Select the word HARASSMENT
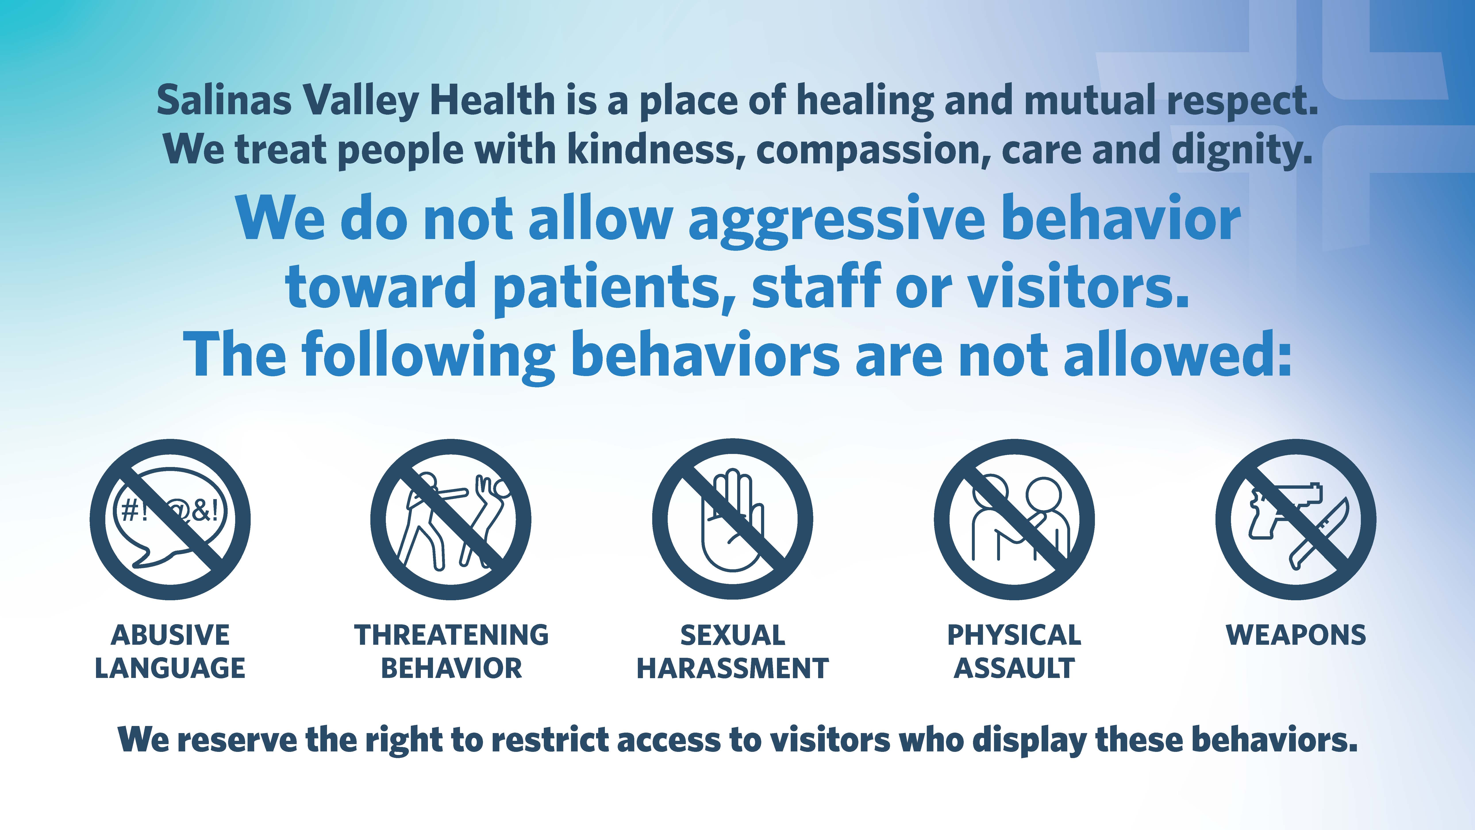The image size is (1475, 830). click(733, 668)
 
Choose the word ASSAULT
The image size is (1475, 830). click(1014, 668)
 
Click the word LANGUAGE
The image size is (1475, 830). click(170, 668)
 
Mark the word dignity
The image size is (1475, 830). click(1242, 150)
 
